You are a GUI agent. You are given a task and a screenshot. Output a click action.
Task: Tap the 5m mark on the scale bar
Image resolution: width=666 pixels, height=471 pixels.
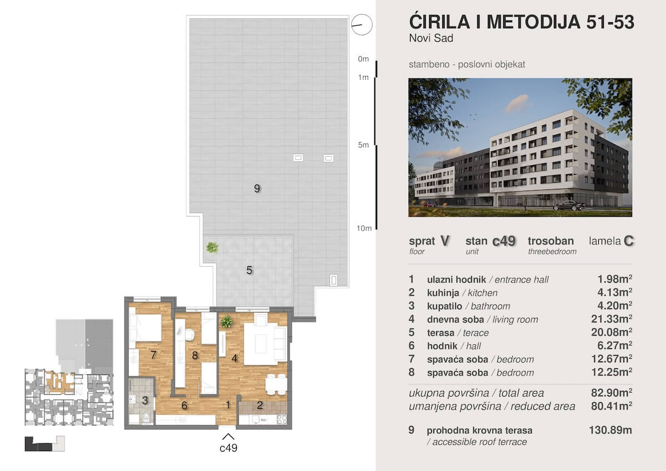click(x=364, y=145)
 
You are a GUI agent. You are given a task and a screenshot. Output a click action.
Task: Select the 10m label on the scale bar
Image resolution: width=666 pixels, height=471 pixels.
click(x=364, y=228)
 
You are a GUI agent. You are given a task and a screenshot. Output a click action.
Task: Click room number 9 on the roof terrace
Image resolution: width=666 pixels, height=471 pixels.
click(x=257, y=188)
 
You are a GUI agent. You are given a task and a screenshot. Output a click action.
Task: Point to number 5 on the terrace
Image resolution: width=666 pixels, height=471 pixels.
click(x=249, y=270)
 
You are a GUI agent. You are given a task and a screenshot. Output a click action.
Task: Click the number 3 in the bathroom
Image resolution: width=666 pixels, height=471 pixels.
click(x=145, y=400)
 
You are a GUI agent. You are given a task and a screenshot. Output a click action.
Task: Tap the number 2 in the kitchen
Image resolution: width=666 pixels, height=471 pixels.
click(x=260, y=405)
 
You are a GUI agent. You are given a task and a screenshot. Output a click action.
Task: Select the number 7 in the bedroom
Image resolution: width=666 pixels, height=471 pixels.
click(x=153, y=355)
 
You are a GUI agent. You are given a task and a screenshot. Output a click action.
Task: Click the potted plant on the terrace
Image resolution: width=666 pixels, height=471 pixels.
click(x=212, y=247)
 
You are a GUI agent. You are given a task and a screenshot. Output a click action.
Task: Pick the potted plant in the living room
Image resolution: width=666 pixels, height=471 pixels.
click(x=226, y=322)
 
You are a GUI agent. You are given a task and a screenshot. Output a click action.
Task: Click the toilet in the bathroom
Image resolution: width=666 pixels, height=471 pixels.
click(x=146, y=418)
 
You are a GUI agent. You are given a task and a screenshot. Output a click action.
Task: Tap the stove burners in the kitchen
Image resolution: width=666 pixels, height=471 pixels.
click(x=282, y=419)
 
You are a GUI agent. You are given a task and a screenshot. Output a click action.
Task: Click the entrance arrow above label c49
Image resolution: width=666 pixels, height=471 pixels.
click(x=228, y=437)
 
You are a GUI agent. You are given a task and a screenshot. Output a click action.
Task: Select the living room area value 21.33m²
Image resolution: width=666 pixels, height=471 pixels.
click(x=611, y=319)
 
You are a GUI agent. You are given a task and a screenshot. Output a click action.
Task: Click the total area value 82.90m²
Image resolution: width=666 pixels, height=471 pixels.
click(x=611, y=393)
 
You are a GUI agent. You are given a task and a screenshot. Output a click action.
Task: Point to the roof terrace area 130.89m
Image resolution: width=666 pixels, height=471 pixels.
click(x=610, y=430)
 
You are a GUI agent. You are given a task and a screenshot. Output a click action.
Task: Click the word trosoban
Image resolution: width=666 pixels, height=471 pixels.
click(x=551, y=240)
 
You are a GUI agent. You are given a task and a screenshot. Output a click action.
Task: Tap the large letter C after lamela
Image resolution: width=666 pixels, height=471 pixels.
click(x=629, y=241)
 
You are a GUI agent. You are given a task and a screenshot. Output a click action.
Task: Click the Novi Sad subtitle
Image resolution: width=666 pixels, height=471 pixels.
click(x=431, y=38)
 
